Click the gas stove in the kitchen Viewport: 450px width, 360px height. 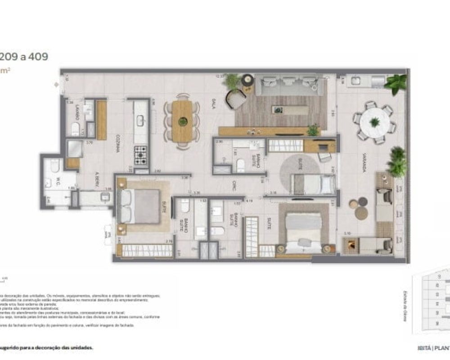click(x=141, y=155)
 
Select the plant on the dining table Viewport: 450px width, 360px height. click(x=183, y=121)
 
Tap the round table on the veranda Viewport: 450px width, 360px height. click(x=374, y=122)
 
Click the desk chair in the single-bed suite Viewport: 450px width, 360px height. click(x=325, y=157)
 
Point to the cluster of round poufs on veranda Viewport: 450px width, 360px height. click(x=360, y=208)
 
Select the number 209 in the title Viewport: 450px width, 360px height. click(x=13, y=57)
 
